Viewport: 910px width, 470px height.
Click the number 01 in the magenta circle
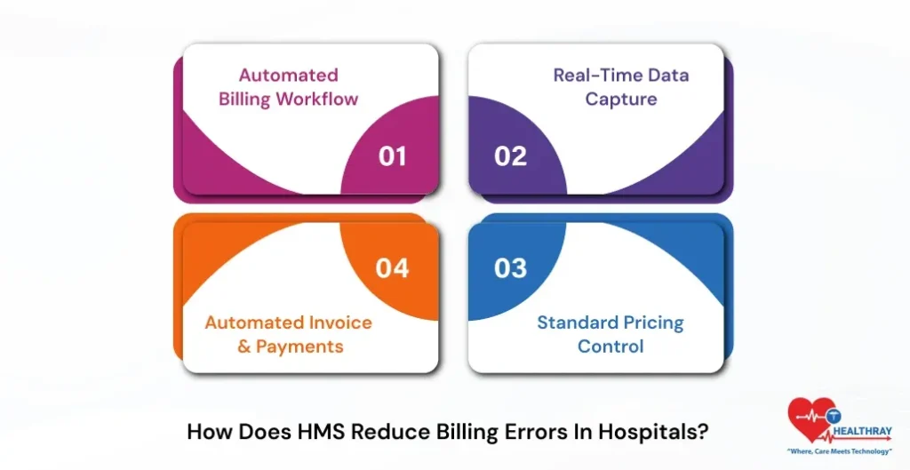point(392,156)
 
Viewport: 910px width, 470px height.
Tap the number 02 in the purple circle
point(510,156)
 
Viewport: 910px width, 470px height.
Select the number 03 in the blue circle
point(510,267)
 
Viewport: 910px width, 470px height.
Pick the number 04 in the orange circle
point(392,267)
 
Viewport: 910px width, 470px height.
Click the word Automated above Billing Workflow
point(289,75)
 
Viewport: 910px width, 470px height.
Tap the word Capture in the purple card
point(620,99)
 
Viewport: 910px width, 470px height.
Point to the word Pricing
point(651,323)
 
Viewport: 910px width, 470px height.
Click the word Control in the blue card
point(611,346)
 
